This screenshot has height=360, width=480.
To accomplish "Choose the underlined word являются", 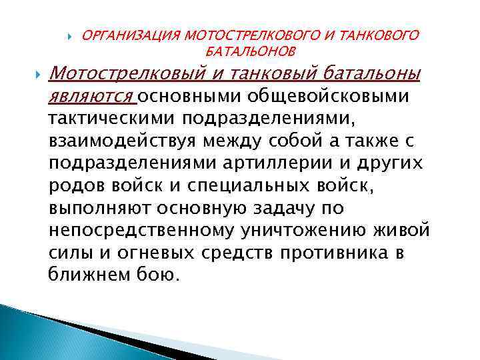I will (91, 97).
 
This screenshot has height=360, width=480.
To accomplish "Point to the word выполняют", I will (100, 208).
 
